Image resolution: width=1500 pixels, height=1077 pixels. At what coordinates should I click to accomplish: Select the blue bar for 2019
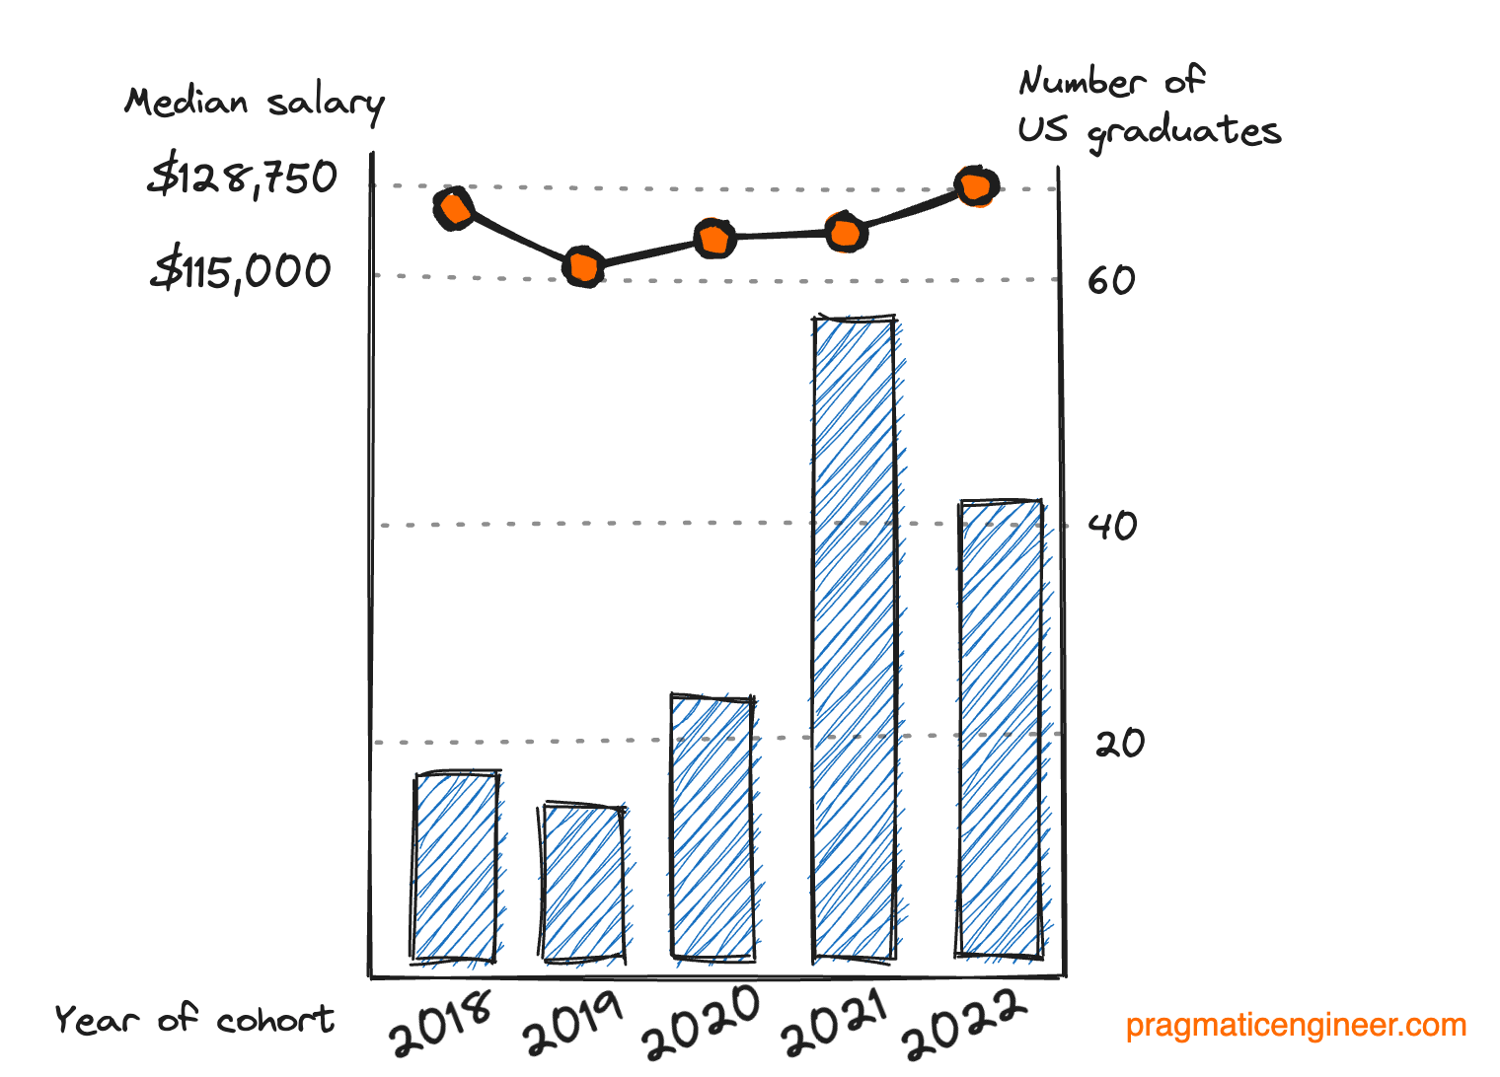click(583, 883)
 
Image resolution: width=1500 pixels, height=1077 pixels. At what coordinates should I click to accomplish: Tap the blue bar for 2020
click(712, 827)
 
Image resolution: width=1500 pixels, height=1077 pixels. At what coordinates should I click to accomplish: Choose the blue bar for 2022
click(1000, 729)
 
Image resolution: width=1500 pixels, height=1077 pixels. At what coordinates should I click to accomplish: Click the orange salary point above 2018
click(454, 209)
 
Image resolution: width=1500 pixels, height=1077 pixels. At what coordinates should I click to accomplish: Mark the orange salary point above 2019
click(583, 267)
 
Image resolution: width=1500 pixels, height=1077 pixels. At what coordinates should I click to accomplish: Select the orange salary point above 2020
click(714, 239)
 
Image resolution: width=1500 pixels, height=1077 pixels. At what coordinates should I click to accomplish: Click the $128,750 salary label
click(243, 179)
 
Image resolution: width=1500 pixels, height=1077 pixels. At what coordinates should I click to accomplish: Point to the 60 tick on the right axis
click(1111, 281)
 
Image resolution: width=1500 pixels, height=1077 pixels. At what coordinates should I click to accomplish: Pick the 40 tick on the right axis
click(1112, 526)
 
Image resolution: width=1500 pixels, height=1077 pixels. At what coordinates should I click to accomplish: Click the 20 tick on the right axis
click(1119, 744)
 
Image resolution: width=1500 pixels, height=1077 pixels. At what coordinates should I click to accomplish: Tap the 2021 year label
click(835, 1025)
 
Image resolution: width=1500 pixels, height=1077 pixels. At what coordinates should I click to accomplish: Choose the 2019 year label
click(573, 1024)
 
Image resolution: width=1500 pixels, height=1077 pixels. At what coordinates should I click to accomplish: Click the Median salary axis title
click(255, 103)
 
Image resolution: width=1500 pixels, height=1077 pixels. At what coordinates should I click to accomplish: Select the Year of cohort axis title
click(194, 1020)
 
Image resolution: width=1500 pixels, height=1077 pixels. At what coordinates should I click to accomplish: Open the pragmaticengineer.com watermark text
click(1296, 1026)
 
